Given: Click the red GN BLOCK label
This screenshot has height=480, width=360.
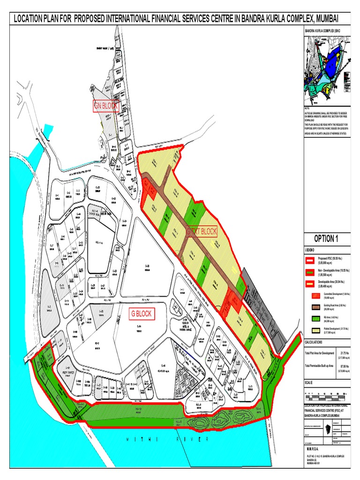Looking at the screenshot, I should (106, 106).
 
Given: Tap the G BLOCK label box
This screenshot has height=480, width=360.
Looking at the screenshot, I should (142, 314).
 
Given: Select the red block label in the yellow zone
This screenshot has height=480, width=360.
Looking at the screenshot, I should (202, 232).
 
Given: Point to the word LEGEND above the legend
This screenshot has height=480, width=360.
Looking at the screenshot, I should (311, 249).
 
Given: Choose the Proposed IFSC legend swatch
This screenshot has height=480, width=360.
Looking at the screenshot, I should (310, 260).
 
